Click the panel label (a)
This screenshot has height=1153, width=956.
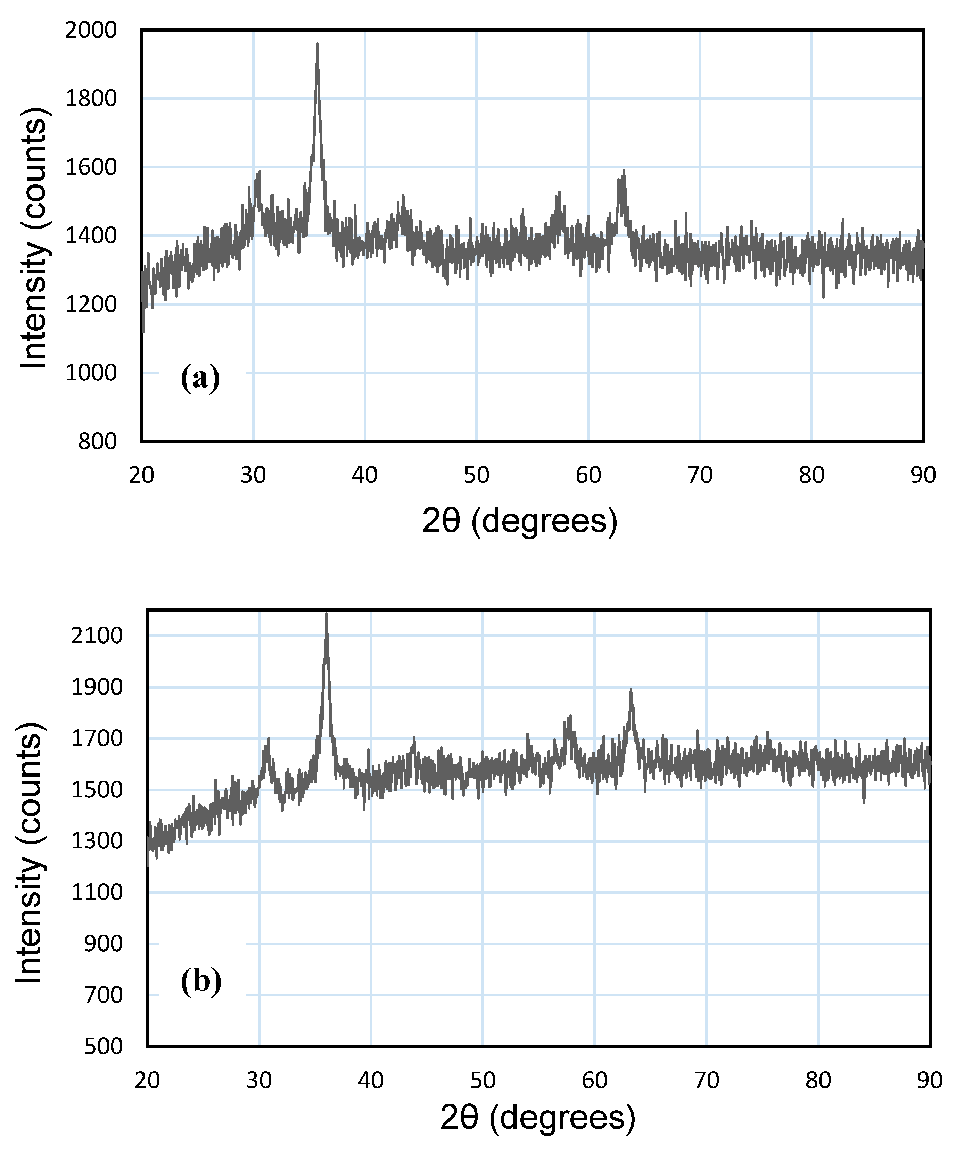200,378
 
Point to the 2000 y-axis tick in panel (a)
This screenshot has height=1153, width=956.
91,30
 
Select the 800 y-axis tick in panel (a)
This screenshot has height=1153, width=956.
97,441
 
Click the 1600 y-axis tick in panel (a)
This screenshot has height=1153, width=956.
91,167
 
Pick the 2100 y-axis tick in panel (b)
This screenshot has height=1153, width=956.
97,636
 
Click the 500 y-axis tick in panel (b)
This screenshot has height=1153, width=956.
103,1046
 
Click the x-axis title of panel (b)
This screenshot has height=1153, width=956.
538,1118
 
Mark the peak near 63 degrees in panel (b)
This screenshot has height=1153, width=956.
631,690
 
